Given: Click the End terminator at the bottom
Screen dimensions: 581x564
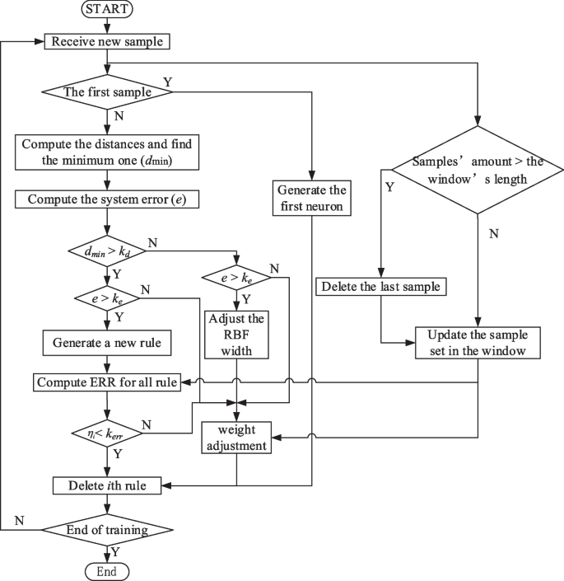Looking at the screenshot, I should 107,570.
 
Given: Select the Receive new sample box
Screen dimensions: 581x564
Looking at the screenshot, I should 108,41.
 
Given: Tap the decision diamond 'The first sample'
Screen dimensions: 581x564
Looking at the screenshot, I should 108,92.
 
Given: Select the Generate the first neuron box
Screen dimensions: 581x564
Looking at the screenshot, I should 313,198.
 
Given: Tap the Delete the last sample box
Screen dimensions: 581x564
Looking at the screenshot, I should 380,287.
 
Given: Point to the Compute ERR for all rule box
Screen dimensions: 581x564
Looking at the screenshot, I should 108,383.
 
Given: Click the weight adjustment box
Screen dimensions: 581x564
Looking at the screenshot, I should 237,438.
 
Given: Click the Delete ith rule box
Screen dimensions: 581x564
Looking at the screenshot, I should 108,485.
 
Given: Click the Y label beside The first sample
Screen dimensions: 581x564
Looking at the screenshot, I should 169,82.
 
